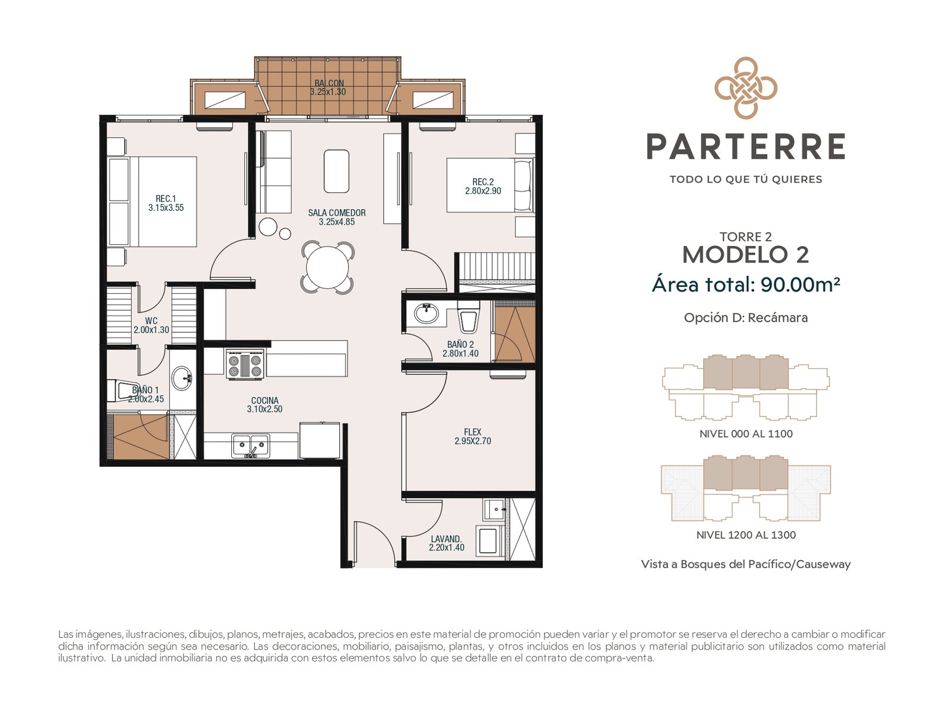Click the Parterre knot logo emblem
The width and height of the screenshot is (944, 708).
point(745,88)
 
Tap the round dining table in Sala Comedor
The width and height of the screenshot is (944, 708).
point(327,267)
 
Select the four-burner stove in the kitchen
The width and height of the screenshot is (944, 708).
point(245,363)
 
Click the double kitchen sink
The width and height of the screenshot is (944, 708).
point(251,445)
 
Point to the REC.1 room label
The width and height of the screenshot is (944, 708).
point(166,199)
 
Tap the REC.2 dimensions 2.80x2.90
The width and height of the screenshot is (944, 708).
point(483,191)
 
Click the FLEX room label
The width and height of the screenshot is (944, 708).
point(473,432)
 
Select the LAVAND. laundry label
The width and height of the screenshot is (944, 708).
point(447,539)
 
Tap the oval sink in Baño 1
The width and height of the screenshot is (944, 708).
point(182,378)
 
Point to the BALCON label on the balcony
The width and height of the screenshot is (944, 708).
point(329,83)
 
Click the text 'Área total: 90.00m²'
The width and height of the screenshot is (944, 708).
point(746,284)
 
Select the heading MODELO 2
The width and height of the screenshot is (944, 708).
point(746,254)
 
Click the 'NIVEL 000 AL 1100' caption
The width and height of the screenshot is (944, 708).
point(746,434)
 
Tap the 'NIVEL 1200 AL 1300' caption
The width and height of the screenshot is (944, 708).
point(746,535)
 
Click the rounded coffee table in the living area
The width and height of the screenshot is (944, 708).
point(336,171)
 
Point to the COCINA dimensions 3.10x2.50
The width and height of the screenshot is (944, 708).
point(264,409)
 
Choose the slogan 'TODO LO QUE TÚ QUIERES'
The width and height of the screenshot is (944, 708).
point(746,179)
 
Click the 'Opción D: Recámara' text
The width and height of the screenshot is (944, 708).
point(746,317)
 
